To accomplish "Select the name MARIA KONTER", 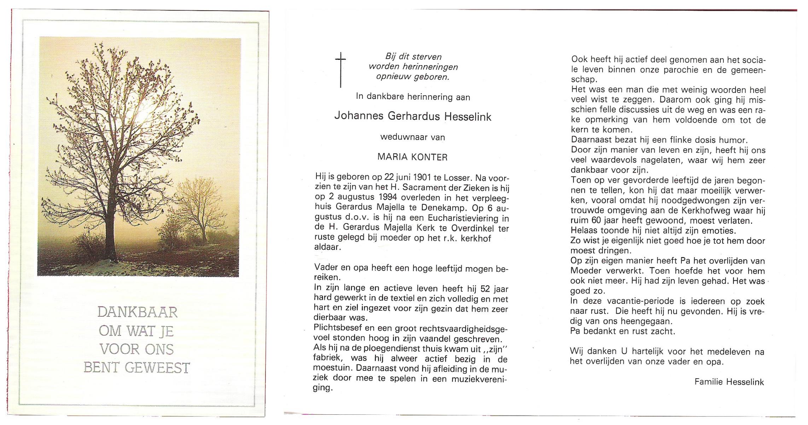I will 412,157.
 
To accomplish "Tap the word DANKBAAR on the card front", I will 137,312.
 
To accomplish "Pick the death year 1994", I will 388,198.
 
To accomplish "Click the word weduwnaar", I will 399,137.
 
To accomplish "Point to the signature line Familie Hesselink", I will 729,382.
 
